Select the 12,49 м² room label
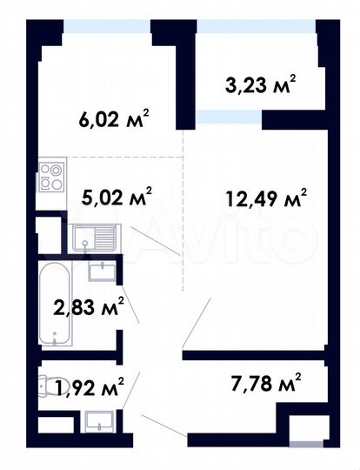(x=266, y=200)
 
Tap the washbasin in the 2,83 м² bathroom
(x=103, y=272)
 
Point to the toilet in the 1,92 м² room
(x=47, y=383)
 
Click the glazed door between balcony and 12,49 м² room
(x=228, y=117)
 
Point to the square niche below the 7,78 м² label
(x=304, y=432)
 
